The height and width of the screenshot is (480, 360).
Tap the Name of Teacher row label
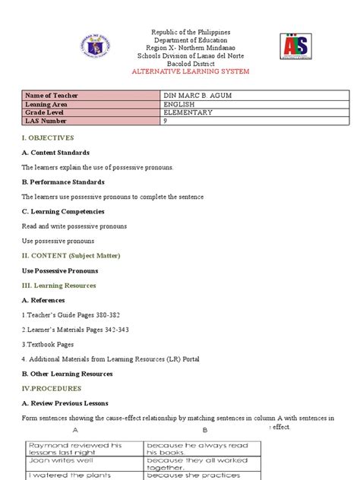(52, 95)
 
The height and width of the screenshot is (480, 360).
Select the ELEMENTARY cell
(190, 112)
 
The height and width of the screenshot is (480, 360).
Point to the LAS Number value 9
(166, 122)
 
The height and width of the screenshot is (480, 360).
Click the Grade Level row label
(46, 112)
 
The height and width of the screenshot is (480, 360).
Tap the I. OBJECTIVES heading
(47, 137)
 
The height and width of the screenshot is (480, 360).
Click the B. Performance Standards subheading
(63, 182)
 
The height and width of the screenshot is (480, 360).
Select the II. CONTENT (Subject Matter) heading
(71, 255)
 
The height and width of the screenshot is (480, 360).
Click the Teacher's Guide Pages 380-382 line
(71, 314)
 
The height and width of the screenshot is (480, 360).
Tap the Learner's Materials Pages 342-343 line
(75, 330)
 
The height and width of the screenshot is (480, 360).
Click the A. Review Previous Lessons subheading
(65, 403)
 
